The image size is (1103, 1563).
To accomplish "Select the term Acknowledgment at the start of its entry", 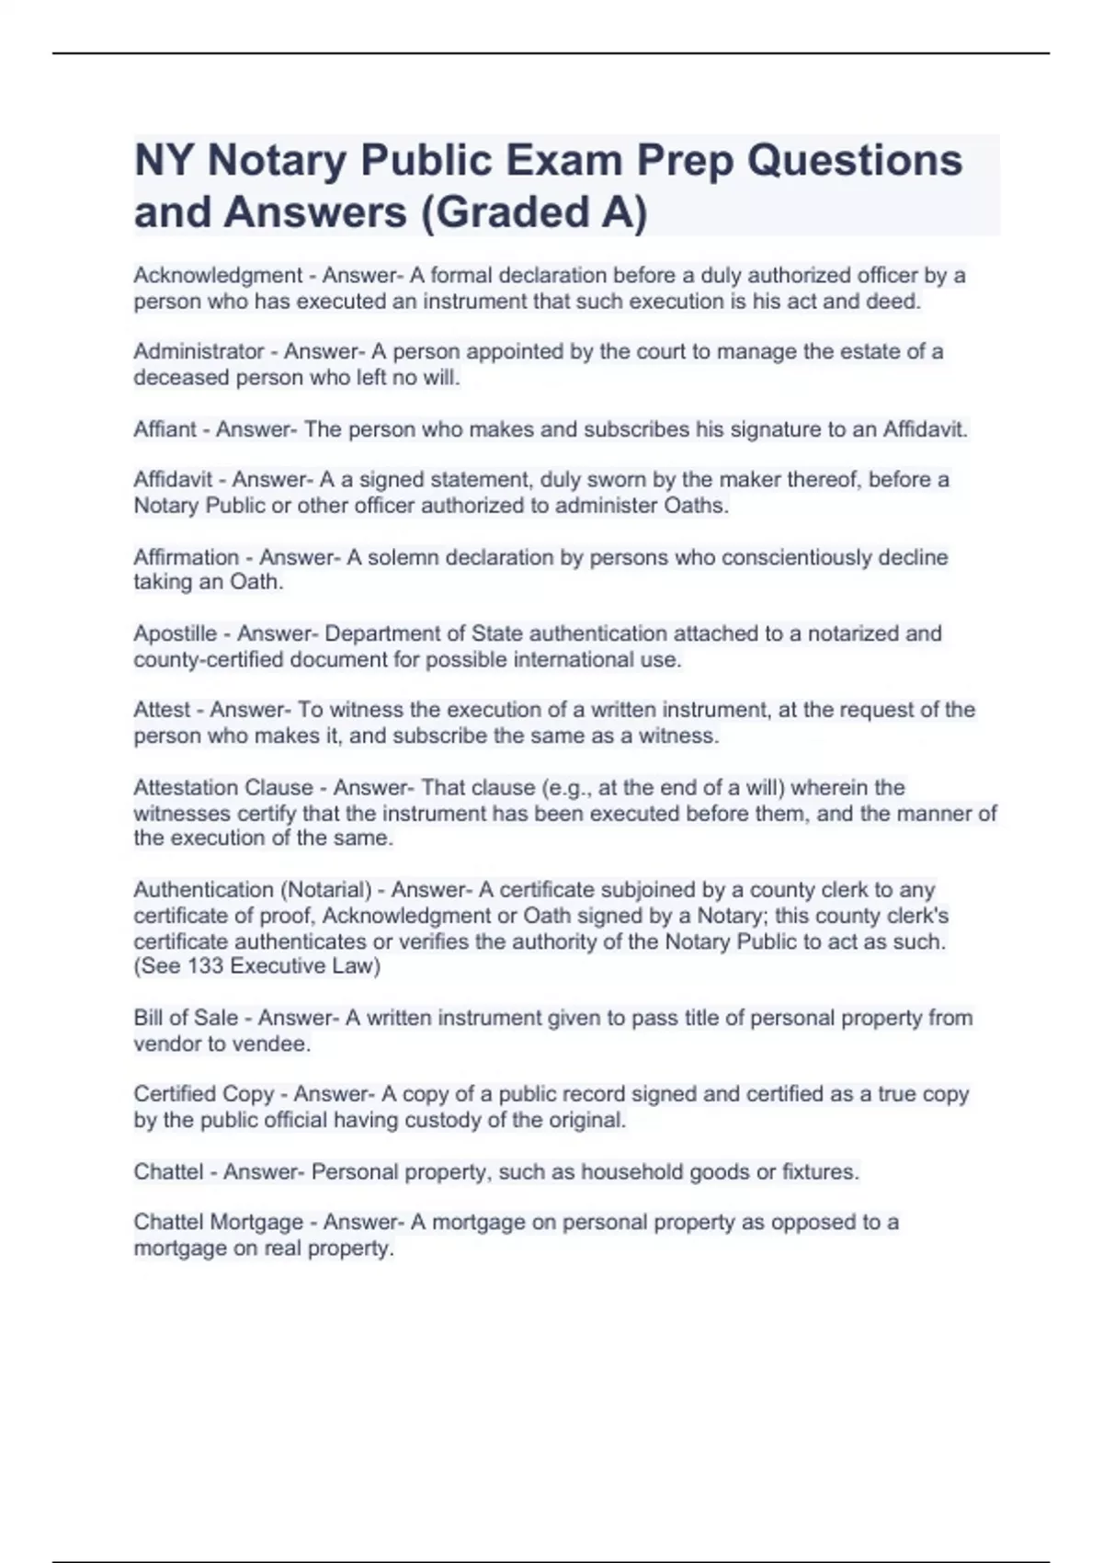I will click(218, 276).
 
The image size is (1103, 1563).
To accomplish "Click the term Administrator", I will click(199, 352).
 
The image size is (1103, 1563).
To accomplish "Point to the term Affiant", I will click(165, 429).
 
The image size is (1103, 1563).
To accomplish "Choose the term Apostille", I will click(175, 634).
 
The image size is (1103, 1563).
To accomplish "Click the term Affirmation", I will click(186, 557).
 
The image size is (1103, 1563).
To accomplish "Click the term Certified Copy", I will click(203, 1094).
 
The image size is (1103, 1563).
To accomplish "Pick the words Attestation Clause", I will click(223, 788).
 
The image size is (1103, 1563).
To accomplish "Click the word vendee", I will click(272, 1044).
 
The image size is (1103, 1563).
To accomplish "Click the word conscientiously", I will click(780, 557).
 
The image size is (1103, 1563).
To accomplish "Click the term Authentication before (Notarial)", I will click(203, 890).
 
